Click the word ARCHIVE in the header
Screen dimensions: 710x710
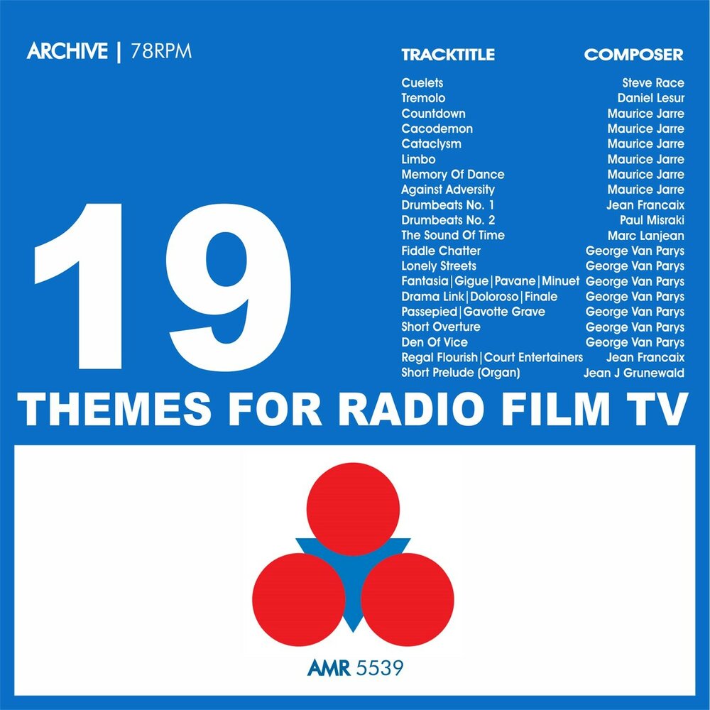[67, 53]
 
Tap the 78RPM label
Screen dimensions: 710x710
[161, 53]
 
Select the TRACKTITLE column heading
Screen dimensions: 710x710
[447, 55]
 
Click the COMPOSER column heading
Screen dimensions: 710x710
[633, 55]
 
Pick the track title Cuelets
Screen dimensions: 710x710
[422, 83]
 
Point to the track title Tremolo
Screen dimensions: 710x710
[423, 98]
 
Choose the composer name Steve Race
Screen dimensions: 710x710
[652, 83]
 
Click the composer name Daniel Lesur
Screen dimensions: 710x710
[651, 98]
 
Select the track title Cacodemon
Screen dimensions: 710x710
[437, 129]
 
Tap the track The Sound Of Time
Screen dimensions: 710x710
[452, 235]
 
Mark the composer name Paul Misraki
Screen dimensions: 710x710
[652, 220]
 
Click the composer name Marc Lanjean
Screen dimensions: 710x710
[646, 235]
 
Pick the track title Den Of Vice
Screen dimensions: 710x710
[434, 342]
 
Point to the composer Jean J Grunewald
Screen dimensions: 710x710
[634, 373]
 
